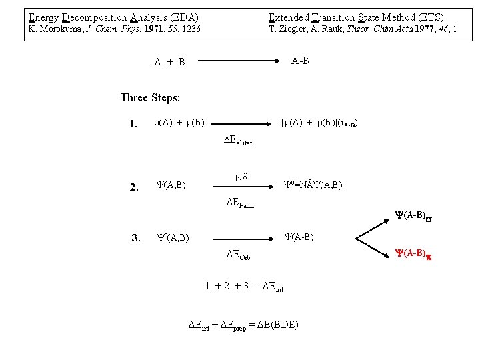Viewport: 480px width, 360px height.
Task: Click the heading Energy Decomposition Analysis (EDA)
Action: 113,17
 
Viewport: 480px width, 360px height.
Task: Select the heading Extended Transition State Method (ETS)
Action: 356,17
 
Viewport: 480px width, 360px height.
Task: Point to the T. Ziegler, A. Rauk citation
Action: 363,29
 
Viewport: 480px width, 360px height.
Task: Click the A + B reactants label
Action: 169,62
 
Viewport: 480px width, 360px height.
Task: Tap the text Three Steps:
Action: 150,98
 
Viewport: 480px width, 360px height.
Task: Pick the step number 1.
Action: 133,123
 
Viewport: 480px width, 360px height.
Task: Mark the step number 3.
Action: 135,237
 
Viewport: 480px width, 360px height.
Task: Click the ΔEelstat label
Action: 238,141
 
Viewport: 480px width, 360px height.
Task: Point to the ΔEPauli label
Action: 239,203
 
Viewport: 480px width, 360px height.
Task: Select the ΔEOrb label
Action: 238,255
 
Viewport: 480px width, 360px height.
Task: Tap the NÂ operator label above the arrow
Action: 241,178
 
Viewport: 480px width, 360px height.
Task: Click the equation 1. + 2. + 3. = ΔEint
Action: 245,288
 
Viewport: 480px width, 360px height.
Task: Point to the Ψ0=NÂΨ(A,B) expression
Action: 313,184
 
